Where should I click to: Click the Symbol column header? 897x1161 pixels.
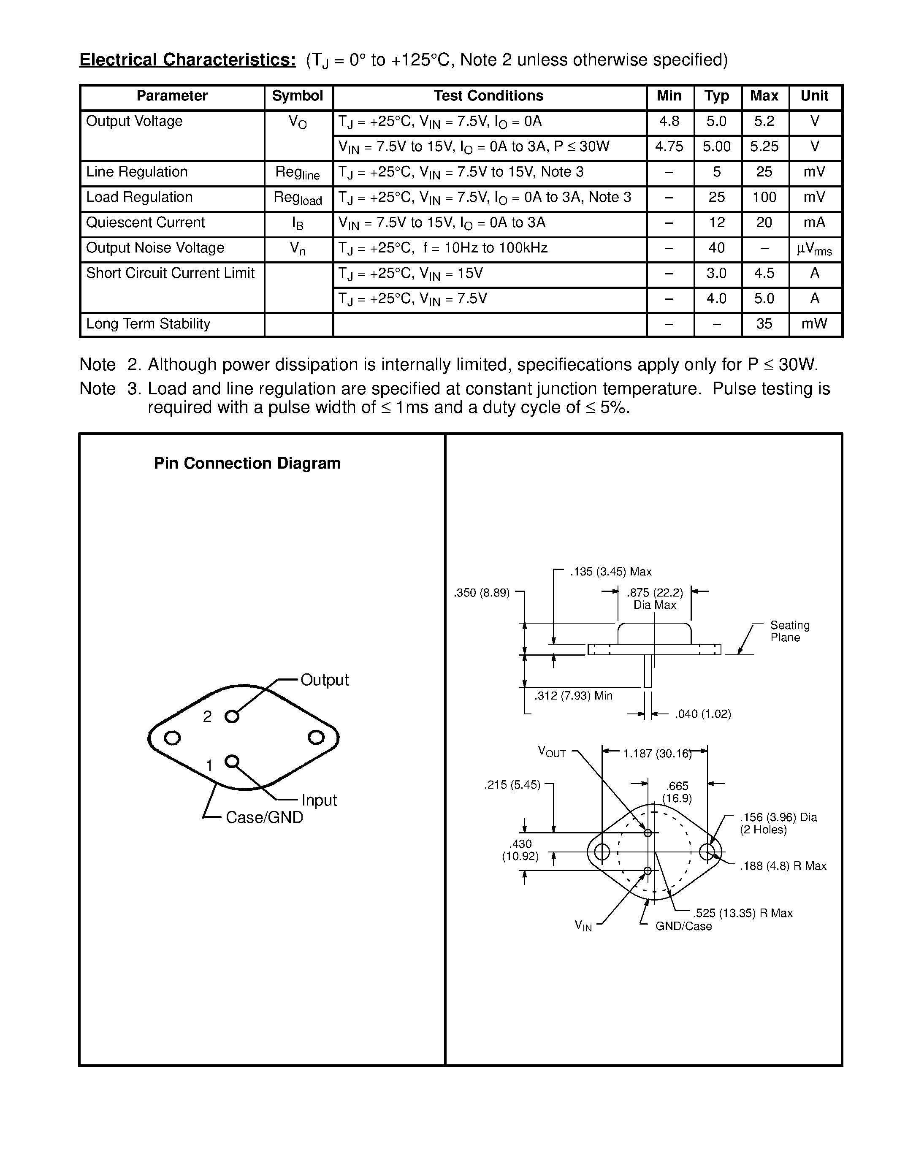tap(298, 96)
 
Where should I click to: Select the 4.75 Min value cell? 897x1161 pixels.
tap(669, 147)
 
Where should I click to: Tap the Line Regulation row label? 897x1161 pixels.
tap(137, 172)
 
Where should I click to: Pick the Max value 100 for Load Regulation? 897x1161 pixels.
tap(764, 198)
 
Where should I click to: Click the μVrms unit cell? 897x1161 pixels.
tap(814, 249)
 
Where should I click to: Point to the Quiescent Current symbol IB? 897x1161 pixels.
tap(298, 223)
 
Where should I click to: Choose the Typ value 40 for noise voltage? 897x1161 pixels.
tap(716, 248)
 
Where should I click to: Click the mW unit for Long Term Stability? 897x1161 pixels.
tap(814, 324)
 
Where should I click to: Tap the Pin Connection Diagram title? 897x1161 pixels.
tap(247, 464)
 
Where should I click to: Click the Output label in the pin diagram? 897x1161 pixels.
tap(324, 680)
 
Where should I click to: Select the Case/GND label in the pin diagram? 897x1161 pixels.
tap(264, 817)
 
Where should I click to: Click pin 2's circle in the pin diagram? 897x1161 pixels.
tap(232, 716)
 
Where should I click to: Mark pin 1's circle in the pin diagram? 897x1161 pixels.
tap(231, 761)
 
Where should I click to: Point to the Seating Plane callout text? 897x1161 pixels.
tap(790, 631)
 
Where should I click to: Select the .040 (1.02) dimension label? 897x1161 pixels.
tap(702, 714)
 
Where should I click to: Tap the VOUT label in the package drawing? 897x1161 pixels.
tap(552, 751)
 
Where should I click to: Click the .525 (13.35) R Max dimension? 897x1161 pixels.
tap(743, 913)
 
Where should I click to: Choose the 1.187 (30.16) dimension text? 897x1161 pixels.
tap(657, 753)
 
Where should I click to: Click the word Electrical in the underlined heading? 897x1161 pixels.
tap(118, 60)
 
